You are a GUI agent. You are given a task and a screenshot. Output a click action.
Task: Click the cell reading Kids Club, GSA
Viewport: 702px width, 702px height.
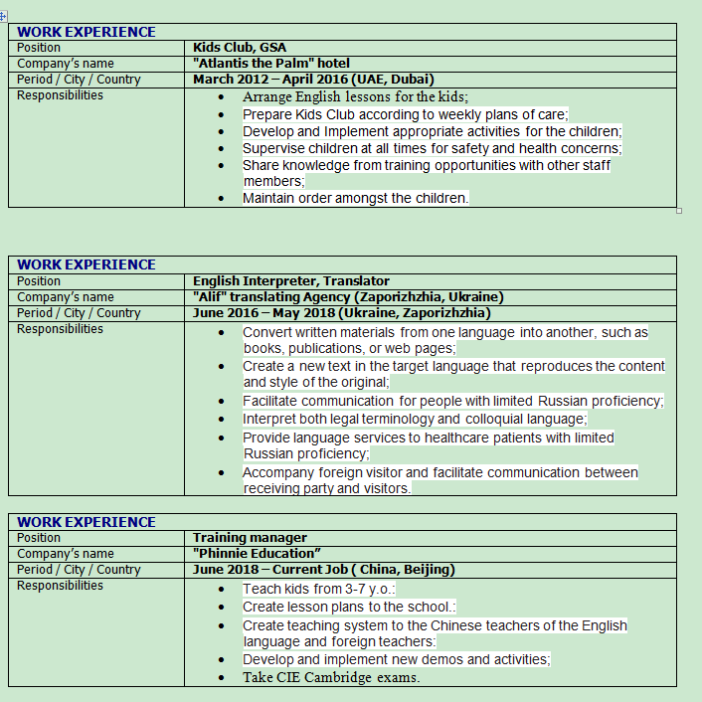point(240,48)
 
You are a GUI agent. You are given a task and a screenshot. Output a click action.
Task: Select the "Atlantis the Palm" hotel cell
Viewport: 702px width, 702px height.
point(271,64)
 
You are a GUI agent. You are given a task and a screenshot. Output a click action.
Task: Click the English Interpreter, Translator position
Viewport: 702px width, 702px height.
point(291,281)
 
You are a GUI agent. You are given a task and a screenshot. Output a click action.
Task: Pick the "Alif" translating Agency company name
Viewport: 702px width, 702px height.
point(348,297)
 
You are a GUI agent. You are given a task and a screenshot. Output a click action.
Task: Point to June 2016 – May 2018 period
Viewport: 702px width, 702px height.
point(341,313)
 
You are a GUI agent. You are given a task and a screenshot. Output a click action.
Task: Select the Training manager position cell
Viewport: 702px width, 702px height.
point(250,538)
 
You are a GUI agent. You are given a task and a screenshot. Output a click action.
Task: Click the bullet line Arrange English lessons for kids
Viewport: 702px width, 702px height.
point(355,97)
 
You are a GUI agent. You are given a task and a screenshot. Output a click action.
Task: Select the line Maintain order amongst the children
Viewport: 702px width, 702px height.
point(355,198)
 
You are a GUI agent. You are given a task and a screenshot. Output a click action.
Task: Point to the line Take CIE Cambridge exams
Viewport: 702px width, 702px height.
point(331,678)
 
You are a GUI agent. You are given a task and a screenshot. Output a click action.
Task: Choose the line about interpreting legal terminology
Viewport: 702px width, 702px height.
point(415,419)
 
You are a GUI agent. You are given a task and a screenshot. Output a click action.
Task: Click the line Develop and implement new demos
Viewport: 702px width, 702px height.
point(396,659)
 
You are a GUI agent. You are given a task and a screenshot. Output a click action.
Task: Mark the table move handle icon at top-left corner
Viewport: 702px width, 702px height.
point(3,17)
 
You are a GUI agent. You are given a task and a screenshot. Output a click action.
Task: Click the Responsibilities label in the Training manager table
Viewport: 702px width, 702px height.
point(60,586)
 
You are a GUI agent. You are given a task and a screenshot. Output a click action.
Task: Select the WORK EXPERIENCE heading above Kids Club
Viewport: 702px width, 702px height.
point(87,32)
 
